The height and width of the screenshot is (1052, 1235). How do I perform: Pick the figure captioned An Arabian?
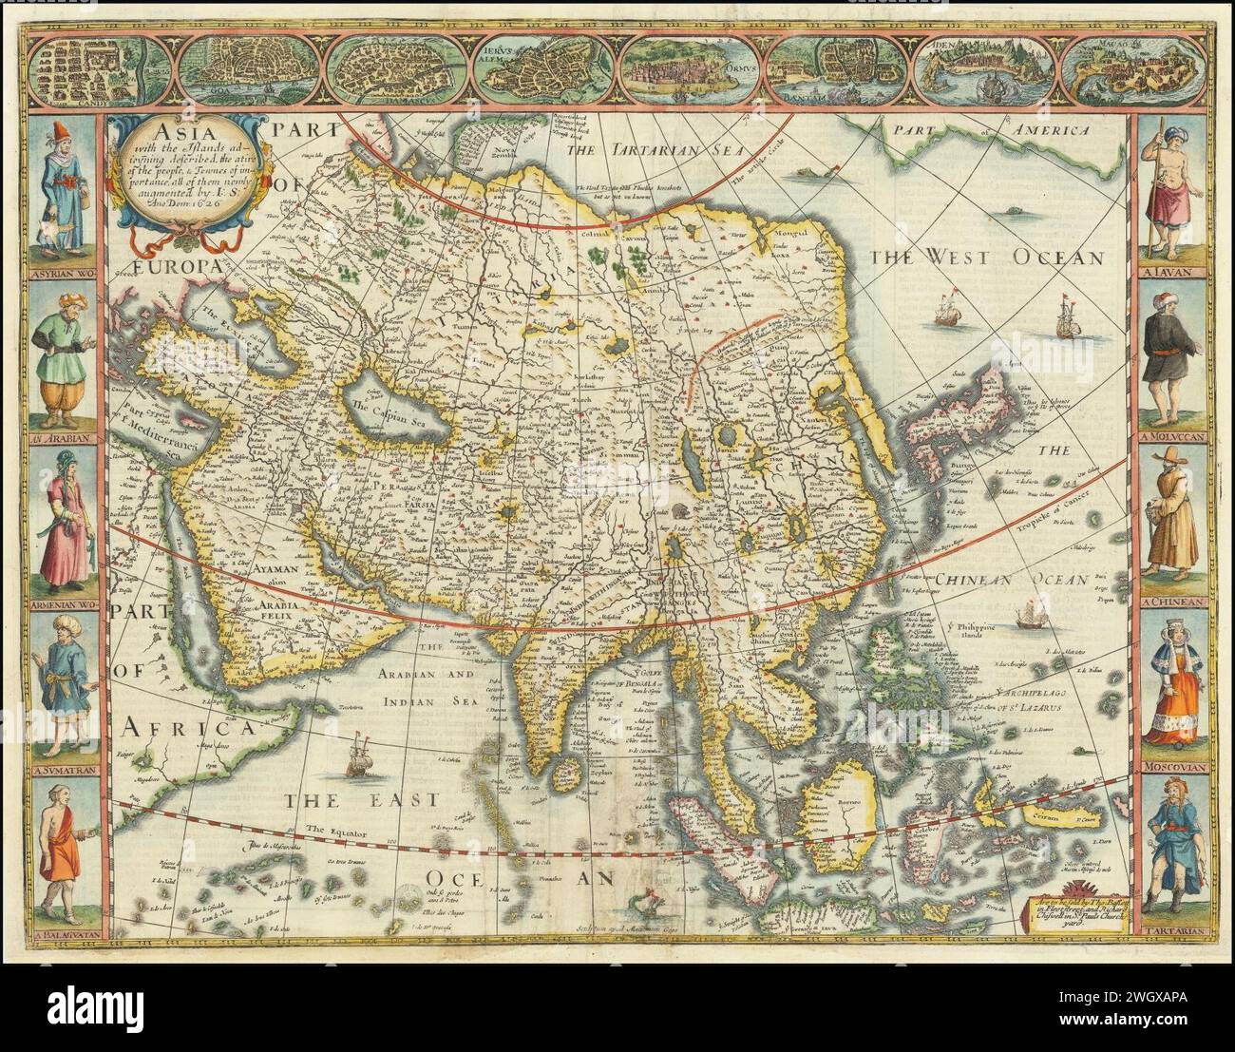pyautogui.click(x=61, y=354)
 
